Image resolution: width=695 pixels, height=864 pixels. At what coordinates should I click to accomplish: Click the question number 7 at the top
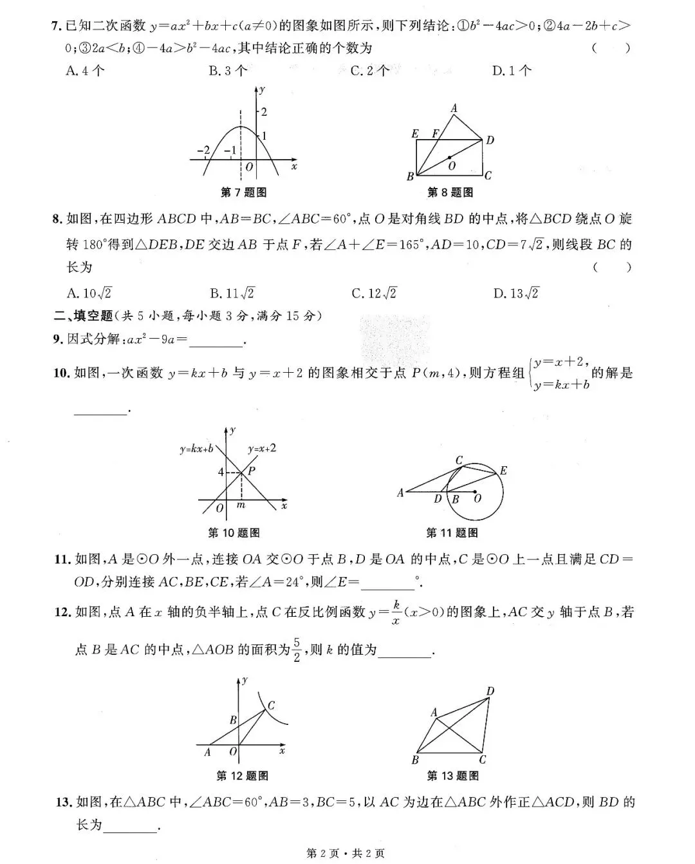click(x=56, y=26)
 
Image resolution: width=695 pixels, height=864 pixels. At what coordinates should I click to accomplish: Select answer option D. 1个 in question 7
click(x=512, y=71)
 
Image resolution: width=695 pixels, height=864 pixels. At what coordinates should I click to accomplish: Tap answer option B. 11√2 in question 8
click(x=232, y=294)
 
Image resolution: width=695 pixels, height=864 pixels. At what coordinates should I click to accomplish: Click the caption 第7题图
click(x=243, y=193)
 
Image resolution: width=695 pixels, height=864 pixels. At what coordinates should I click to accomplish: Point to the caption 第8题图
click(x=450, y=193)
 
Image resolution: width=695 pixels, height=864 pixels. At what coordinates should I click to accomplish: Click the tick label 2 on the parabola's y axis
click(x=263, y=111)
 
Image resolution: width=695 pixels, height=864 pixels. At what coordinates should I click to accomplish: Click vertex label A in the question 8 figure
click(x=454, y=109)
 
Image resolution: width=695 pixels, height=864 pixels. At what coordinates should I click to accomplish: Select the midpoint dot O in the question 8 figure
click(x=450, y=157)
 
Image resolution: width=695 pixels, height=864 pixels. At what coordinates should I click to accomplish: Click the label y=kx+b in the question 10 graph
click(x=196, y=449)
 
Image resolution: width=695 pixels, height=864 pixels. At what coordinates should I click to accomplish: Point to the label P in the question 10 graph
click(x=252, y=471)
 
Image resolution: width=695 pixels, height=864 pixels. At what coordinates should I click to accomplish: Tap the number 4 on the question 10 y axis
click(x=221, y=473)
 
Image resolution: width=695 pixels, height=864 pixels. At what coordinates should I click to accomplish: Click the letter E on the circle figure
click(x=503, y=471)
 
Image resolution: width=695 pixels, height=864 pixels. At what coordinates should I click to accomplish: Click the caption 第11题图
click(x=452, y=533)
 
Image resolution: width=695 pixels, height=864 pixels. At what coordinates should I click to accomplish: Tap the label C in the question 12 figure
click(x=272, y=706)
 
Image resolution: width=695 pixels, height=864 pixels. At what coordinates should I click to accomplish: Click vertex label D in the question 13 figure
click(x=490, y=691)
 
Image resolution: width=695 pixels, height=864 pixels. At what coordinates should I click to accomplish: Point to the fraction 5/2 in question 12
click(x=297, y=650)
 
